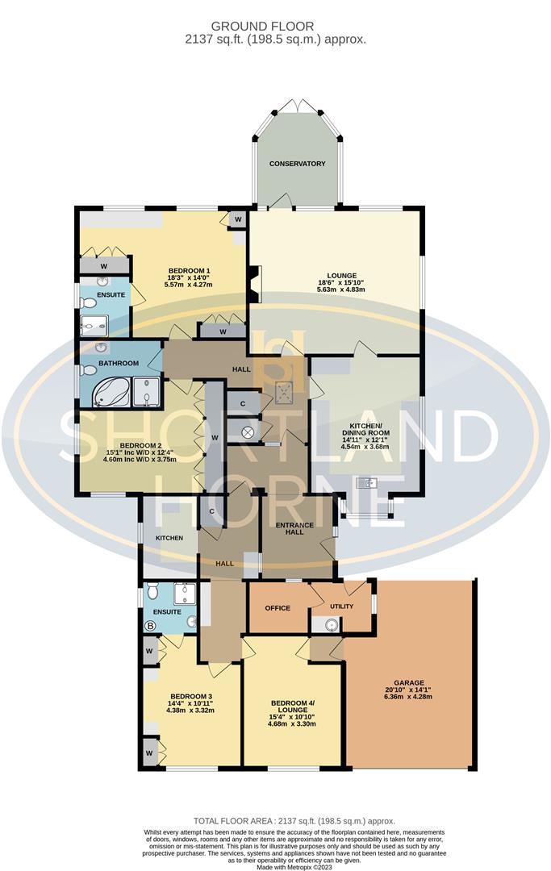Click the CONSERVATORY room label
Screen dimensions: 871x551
(x=297, y=164)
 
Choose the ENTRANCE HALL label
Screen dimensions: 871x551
(x=294, y=529)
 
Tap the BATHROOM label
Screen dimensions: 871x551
(x=119, y=364)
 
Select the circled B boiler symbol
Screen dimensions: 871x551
(x=149, y=625)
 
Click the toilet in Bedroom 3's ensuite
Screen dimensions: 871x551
(x=152, y=593)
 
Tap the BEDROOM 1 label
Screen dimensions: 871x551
(x=190, y=270)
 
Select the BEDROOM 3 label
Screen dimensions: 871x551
(x=191, y=696)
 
